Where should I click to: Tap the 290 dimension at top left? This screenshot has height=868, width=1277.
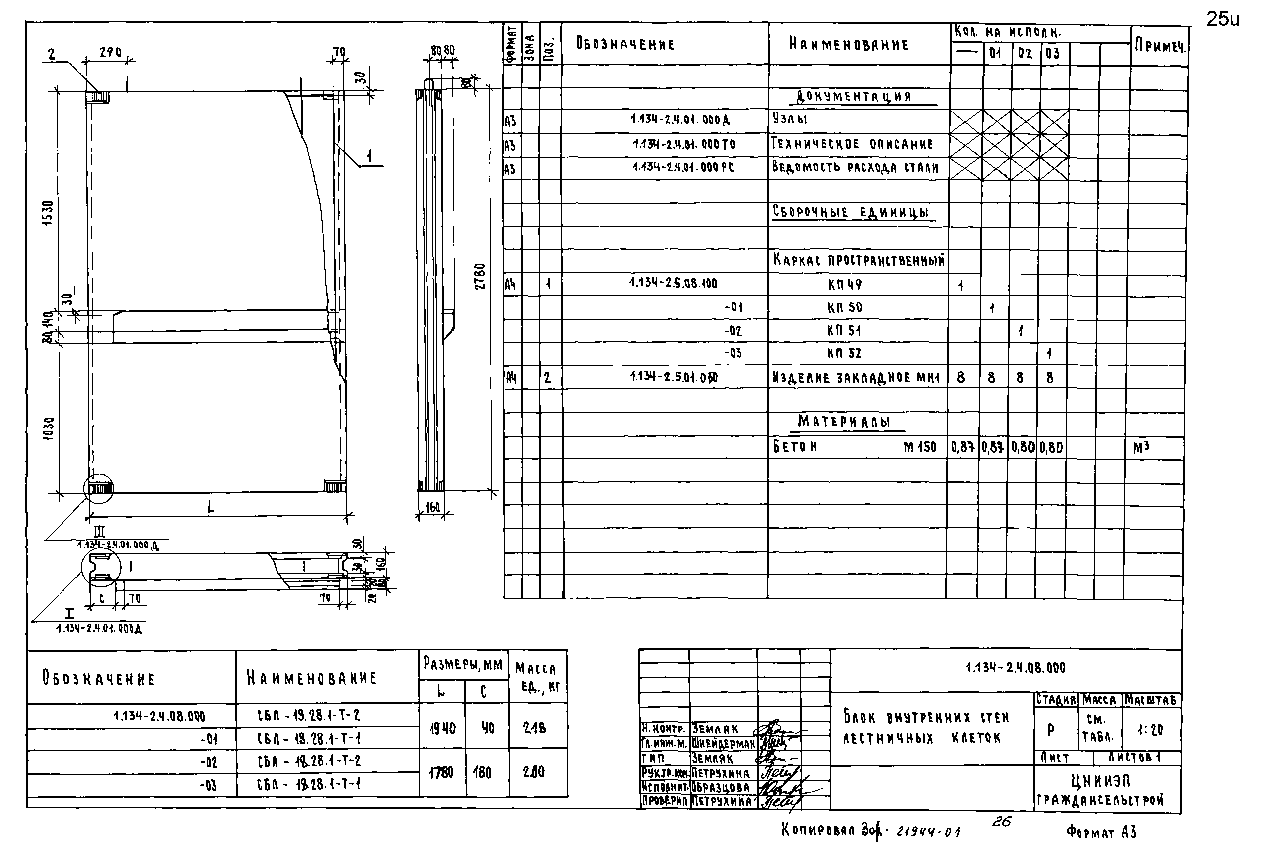click(110, 52)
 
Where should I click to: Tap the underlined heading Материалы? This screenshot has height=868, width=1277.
click(844, 422)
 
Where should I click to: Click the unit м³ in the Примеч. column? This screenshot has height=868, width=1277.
click(1141, 448)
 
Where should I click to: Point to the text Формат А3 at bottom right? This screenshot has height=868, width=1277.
click(1101, 832)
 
